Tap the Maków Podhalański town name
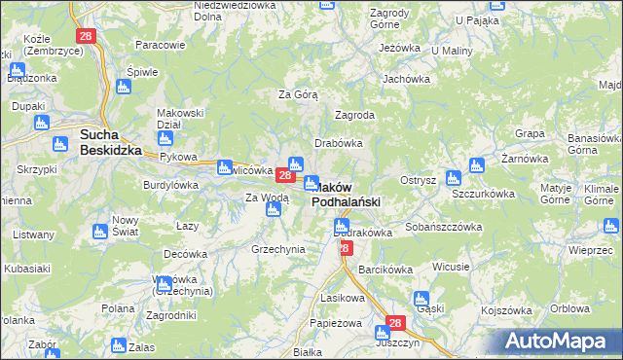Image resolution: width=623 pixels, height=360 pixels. (x=346, y=194)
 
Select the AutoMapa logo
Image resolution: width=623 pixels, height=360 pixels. (x=563, y=341)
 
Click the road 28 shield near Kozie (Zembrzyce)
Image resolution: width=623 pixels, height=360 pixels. (x=87, y=36)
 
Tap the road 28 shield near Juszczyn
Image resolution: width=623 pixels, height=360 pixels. (x=394, y=323)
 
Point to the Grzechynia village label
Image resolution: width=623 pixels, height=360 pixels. (x=278, y=249)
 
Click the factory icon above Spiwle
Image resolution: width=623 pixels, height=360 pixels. (x=123, y=88)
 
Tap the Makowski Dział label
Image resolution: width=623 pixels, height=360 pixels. (x=180, y=118)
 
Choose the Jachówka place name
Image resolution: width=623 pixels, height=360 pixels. (x=406, y=79)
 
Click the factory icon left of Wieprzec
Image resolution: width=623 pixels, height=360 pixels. (x=557, y=228)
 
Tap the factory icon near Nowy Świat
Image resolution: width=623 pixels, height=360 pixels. (x=98, y=232)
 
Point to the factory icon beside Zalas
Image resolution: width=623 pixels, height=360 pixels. (x=118, y=345)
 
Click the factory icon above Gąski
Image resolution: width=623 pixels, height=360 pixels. (x=421, y=299)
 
